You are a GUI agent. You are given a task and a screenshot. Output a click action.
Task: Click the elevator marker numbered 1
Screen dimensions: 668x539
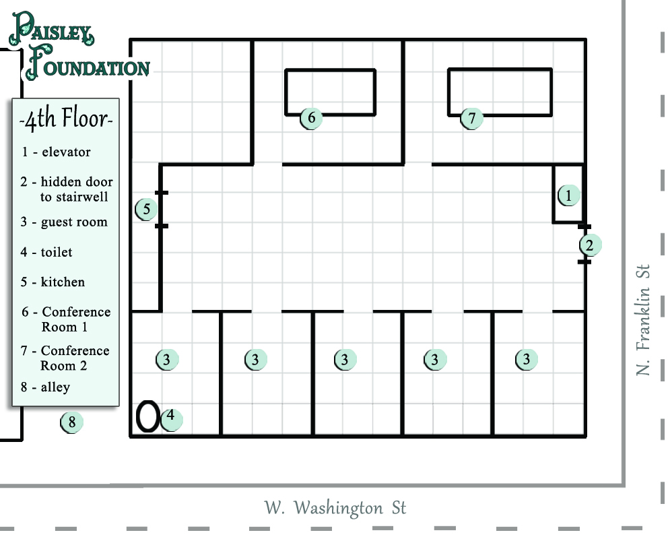(568, 195)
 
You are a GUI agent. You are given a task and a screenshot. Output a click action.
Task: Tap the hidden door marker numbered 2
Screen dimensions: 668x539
(590, 245)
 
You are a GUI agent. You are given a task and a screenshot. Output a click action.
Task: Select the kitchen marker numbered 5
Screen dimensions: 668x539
(146, 210)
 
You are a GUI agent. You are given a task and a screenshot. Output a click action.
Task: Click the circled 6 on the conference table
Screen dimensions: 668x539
(311, 118)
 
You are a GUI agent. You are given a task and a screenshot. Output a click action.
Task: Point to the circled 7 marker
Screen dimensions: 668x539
(471, 118)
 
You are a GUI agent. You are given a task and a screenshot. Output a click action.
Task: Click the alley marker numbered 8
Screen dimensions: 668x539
(71, 422)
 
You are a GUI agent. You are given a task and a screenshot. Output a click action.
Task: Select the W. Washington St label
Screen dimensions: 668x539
(335, 508)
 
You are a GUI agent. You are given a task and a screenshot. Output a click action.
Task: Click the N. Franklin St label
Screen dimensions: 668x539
(643, 319)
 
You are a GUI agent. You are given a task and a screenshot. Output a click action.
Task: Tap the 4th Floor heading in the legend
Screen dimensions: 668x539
(66, 119)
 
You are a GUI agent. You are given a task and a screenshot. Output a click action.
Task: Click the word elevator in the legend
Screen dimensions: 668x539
(66, 152)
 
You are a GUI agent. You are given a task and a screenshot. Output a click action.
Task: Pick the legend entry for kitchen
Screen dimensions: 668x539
(53, 282)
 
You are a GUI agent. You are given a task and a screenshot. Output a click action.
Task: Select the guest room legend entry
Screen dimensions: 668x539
(64, 222)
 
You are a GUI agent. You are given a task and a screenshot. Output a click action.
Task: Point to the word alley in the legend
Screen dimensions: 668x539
(55, 387)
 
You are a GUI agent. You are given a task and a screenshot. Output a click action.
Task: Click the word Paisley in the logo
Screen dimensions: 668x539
(51, 29)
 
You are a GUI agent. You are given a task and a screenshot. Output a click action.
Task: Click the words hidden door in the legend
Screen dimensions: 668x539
(77, 182)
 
